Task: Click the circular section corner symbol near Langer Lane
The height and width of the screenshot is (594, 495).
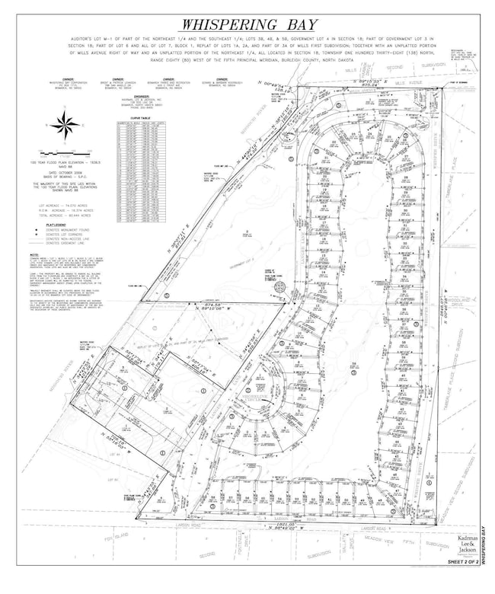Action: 279,287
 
